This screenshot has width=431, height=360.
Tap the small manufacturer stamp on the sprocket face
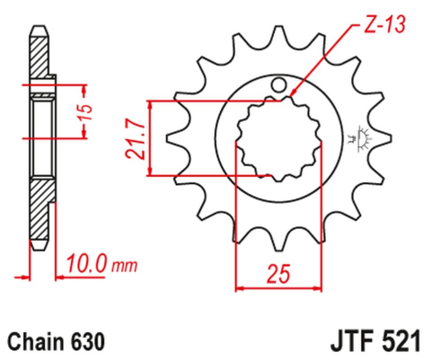click(365, 136)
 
